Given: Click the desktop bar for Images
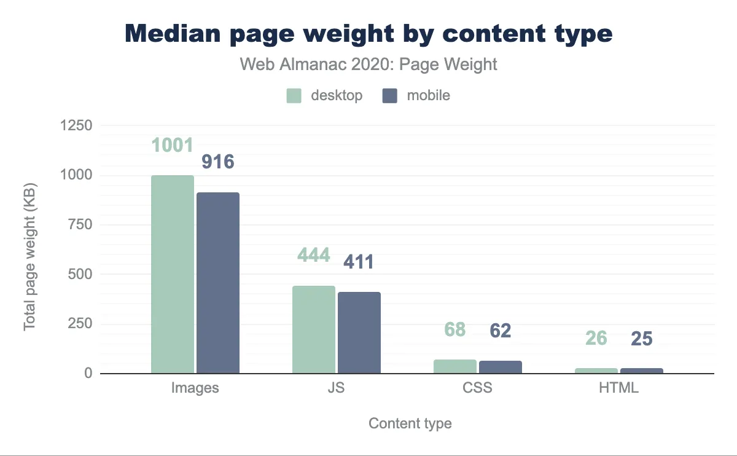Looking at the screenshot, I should pos(173,274).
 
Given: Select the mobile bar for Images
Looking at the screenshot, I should pos(218,283).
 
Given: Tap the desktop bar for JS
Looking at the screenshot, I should pos(314,329).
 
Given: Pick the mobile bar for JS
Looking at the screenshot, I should pos(359,332).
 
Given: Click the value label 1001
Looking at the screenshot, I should pos(173,145).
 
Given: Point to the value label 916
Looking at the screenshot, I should pos(218,162).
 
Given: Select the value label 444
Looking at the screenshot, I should pos(314,254).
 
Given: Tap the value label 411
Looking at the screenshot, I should pos(359,262).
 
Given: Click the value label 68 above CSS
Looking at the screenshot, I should pos(454,329).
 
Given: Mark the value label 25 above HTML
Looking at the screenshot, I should pos(642,339).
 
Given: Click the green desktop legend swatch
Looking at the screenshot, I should pos(294,96).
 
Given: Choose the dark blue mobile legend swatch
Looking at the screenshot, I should pos(391,96).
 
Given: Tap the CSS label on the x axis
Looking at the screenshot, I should pos(477,388).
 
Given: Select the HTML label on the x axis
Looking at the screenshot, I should pos(619,388).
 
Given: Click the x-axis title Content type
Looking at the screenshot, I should pos(410,423).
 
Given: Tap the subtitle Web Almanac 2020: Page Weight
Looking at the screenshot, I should pos(368,65).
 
